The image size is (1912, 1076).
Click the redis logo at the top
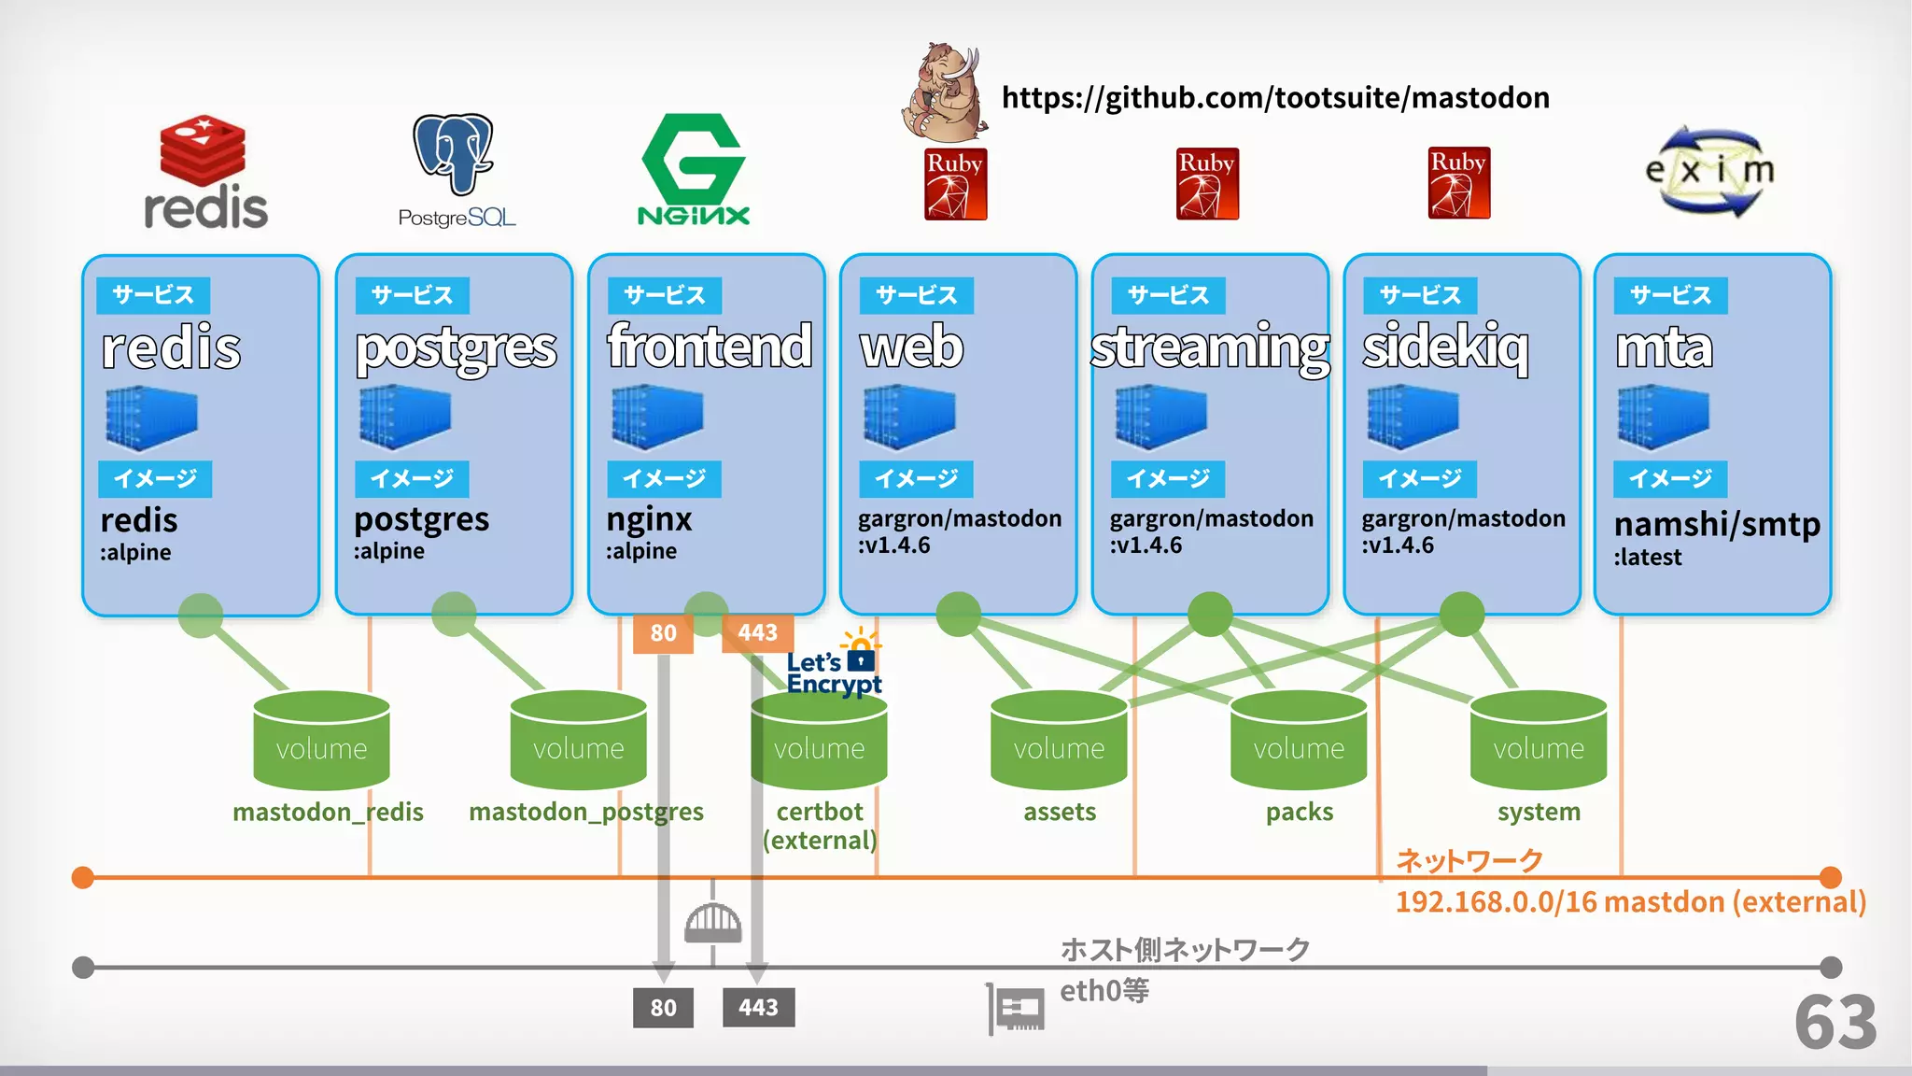tap(204, 173)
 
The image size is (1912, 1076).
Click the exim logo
tap(1709, 172)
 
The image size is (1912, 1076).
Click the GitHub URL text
tap(1275, 98)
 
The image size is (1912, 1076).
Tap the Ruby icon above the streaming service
tap(1207, 184)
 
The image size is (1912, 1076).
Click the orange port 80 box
tap(663, 633)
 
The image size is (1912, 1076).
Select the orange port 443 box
tap(757, 633)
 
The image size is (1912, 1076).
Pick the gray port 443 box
tap(758, 1008)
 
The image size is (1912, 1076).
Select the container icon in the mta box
tap(1663, 418)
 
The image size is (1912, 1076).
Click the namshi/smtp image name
tap(1717, 525)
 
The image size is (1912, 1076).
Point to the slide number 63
tap(1835, 1023)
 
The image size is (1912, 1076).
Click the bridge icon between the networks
tap(713, 922)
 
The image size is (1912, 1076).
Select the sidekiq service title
tap(1445, 347)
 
